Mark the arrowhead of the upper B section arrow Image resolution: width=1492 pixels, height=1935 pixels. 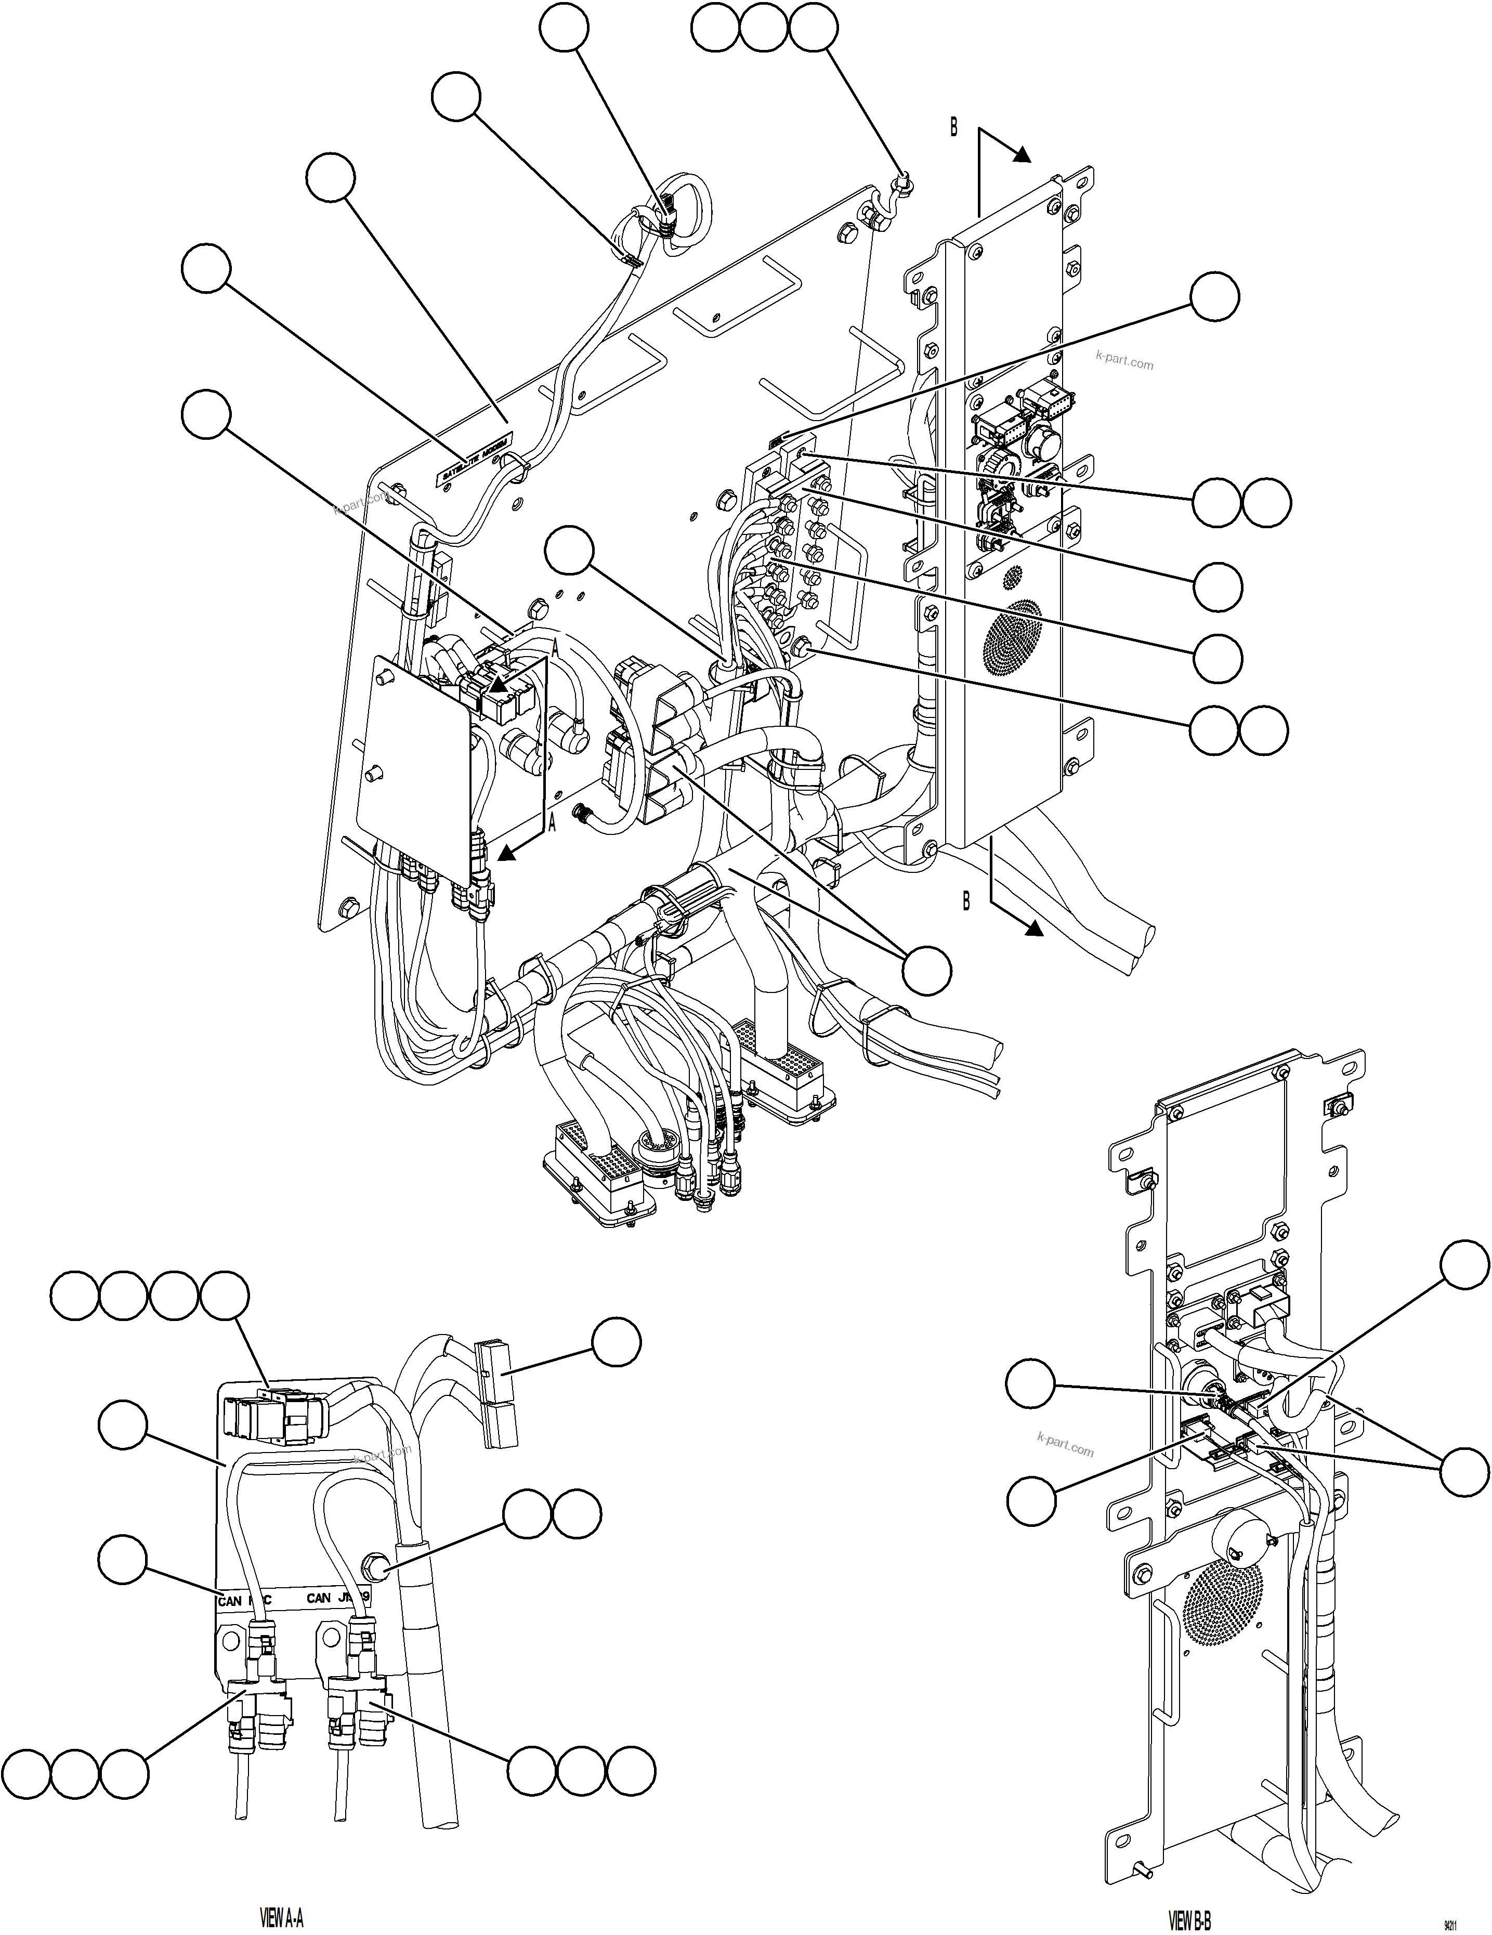[1022, 154]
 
